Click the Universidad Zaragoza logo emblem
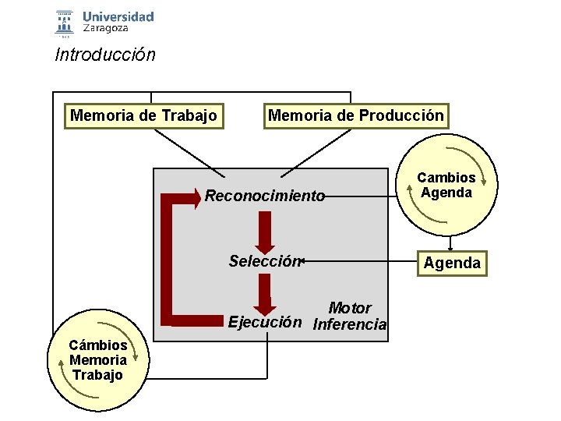point(65,23)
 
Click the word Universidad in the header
point(118,16)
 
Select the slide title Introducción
point(105,55)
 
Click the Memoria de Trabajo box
point(143,116)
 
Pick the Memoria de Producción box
point(356,116)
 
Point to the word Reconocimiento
point(265,196)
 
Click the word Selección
point(264,261)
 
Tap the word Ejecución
point(264,321)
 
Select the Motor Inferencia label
point(349,317)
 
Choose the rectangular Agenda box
point(452,263)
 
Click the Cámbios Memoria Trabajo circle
point(98,360)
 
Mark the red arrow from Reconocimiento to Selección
point(266,231)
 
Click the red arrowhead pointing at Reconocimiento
point(195,196)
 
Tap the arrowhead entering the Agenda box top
point(450,248)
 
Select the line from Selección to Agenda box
point(358,261)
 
